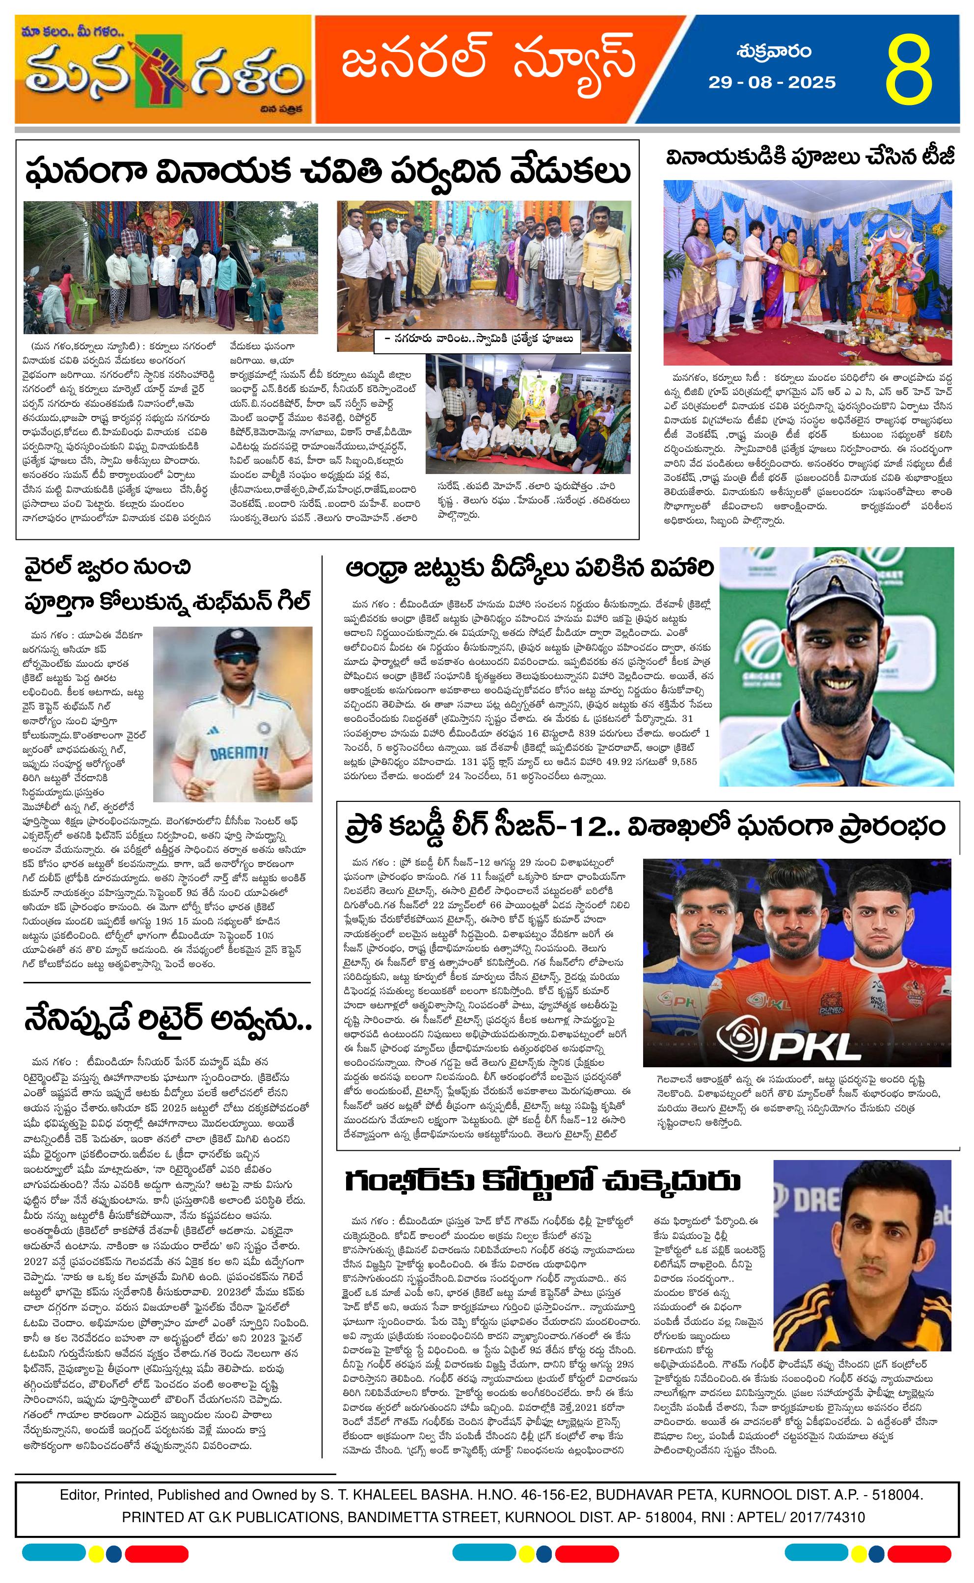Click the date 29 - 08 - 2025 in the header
[772, 82]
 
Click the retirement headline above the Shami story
[168, 1019]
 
